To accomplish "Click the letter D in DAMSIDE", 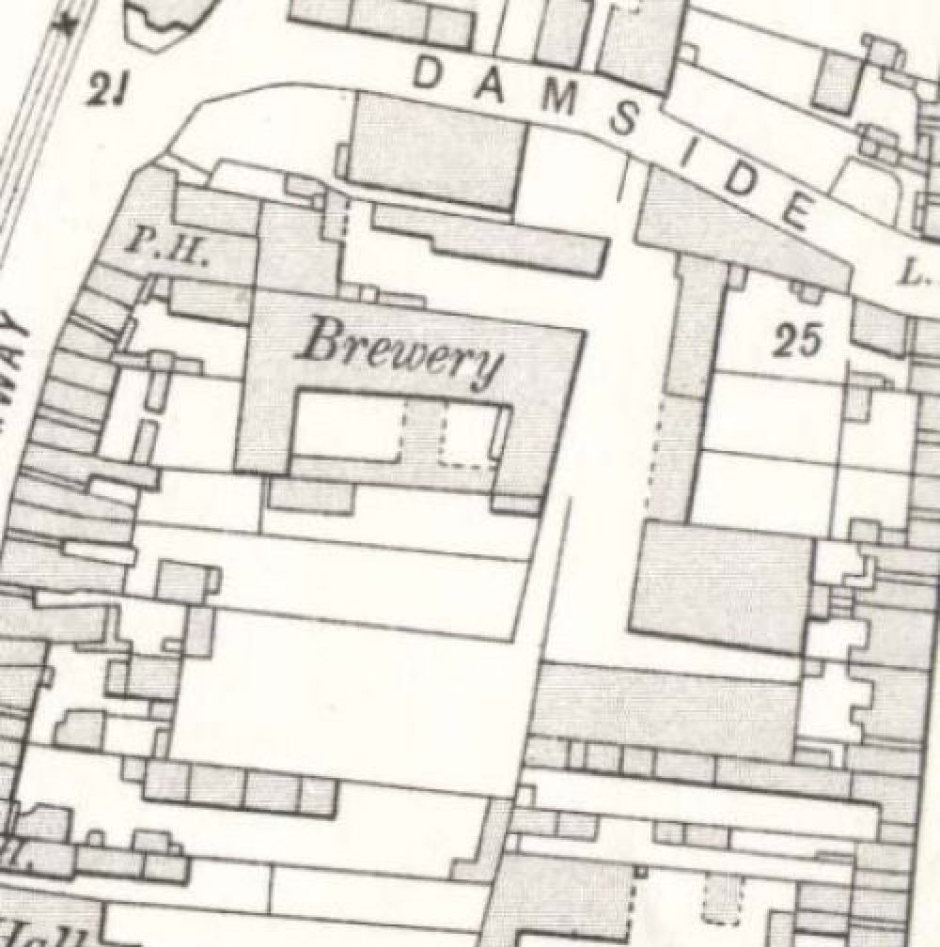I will tap(430, 72).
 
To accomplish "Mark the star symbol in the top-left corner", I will tap(67, 25).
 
